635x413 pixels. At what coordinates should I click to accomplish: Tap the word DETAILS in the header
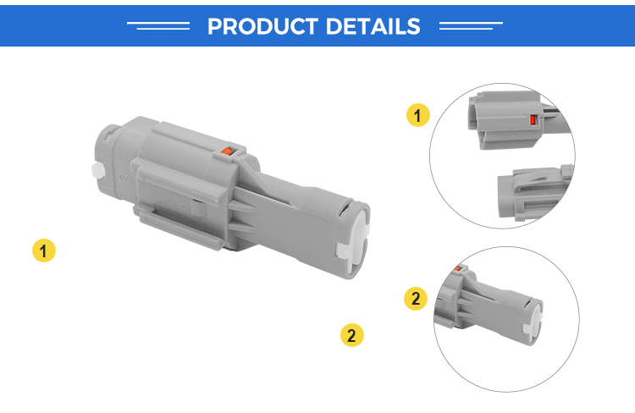point(373,26)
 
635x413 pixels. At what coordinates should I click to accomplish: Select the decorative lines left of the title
point(158,25)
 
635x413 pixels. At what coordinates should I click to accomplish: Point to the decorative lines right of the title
point(471,25)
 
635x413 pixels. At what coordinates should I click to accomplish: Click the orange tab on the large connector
point(226,151)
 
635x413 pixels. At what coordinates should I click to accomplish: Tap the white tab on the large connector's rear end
point(98,170)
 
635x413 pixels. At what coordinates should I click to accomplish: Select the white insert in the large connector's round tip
point(356,245)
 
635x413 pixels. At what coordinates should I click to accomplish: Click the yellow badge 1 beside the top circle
point(418,115)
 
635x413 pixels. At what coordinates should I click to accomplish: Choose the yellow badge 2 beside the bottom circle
point(416,299)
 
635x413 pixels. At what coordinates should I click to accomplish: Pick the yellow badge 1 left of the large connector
point(44,251)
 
